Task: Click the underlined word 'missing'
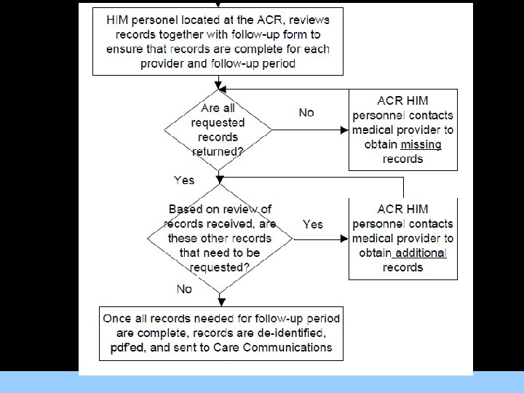click(421, 144)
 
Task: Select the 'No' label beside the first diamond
click(306, 113)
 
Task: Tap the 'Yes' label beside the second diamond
click(312, 224)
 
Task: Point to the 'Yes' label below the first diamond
click(183, 178)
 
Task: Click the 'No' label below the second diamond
click(184, 290)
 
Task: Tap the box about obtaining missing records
click(402, 130)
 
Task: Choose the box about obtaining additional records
click(402, 238)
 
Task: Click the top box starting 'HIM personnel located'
click(218, 40)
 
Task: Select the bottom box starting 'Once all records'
click(220, 333)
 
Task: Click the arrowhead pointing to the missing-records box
click(344, 130)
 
